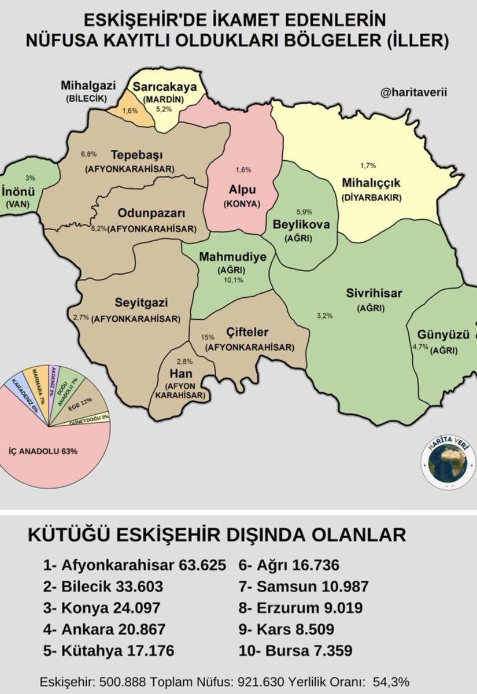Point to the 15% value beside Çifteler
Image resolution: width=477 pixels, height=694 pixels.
tap(208, 337)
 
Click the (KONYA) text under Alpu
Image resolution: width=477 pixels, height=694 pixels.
tap(242, 204)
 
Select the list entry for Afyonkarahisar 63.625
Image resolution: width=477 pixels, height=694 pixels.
tap(134, 564)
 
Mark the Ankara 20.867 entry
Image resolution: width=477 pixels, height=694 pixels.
tap(104, 629)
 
